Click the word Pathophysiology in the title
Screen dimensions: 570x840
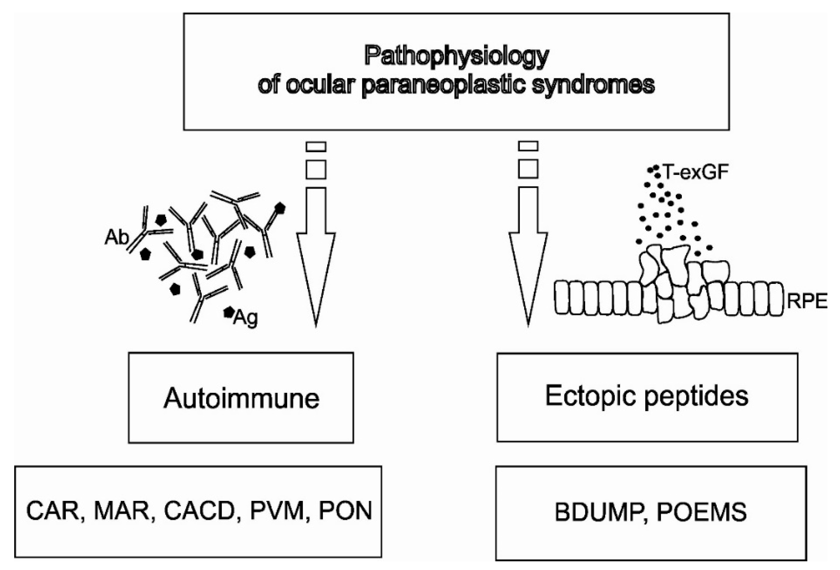coord(457,57)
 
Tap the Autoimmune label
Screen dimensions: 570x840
coord(241,398)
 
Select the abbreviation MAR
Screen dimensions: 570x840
coord(122,511)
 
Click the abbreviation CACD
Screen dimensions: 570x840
coord(199,511)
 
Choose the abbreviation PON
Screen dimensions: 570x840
coord(345,511)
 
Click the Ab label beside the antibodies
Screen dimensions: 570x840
coord(116,238)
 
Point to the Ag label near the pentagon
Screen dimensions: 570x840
coord(246,318)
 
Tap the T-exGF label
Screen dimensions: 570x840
coord(696,173)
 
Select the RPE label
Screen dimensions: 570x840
coord(807,301)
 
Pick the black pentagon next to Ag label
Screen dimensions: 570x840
coord(228,312)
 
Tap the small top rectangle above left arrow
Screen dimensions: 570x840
coord(316,146)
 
